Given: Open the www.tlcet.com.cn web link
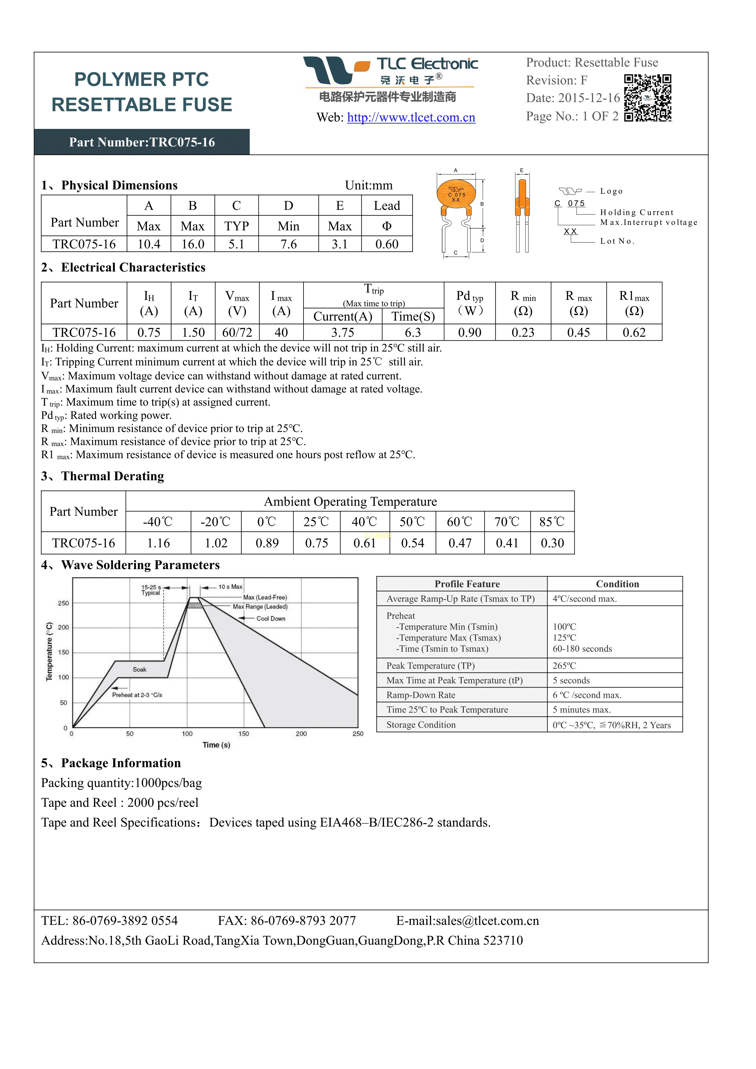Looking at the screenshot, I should [x=411, y=117].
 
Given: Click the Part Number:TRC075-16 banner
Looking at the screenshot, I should [x=142, y=142].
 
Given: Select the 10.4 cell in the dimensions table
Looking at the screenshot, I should [x=149, y=244].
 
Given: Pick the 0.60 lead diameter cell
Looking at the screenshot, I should [x=387, y=244].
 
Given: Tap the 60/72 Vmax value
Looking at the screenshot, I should [x=237, y=332].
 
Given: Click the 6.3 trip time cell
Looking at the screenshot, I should [x=413, y=332].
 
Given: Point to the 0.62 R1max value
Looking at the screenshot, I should [x=634, y=332].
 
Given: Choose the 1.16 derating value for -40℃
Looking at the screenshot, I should [x=158, y=543].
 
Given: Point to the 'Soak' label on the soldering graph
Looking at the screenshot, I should [x=140, y=669].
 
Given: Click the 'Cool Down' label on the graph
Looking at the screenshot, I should [x=271, y=619].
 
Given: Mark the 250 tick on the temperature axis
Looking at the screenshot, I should [x=63, y=603].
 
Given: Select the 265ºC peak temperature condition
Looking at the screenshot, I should [x=564, y=666].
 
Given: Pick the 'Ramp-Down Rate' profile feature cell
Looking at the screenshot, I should [x=421, y=695].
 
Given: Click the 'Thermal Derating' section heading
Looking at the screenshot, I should [x=113, y=476].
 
